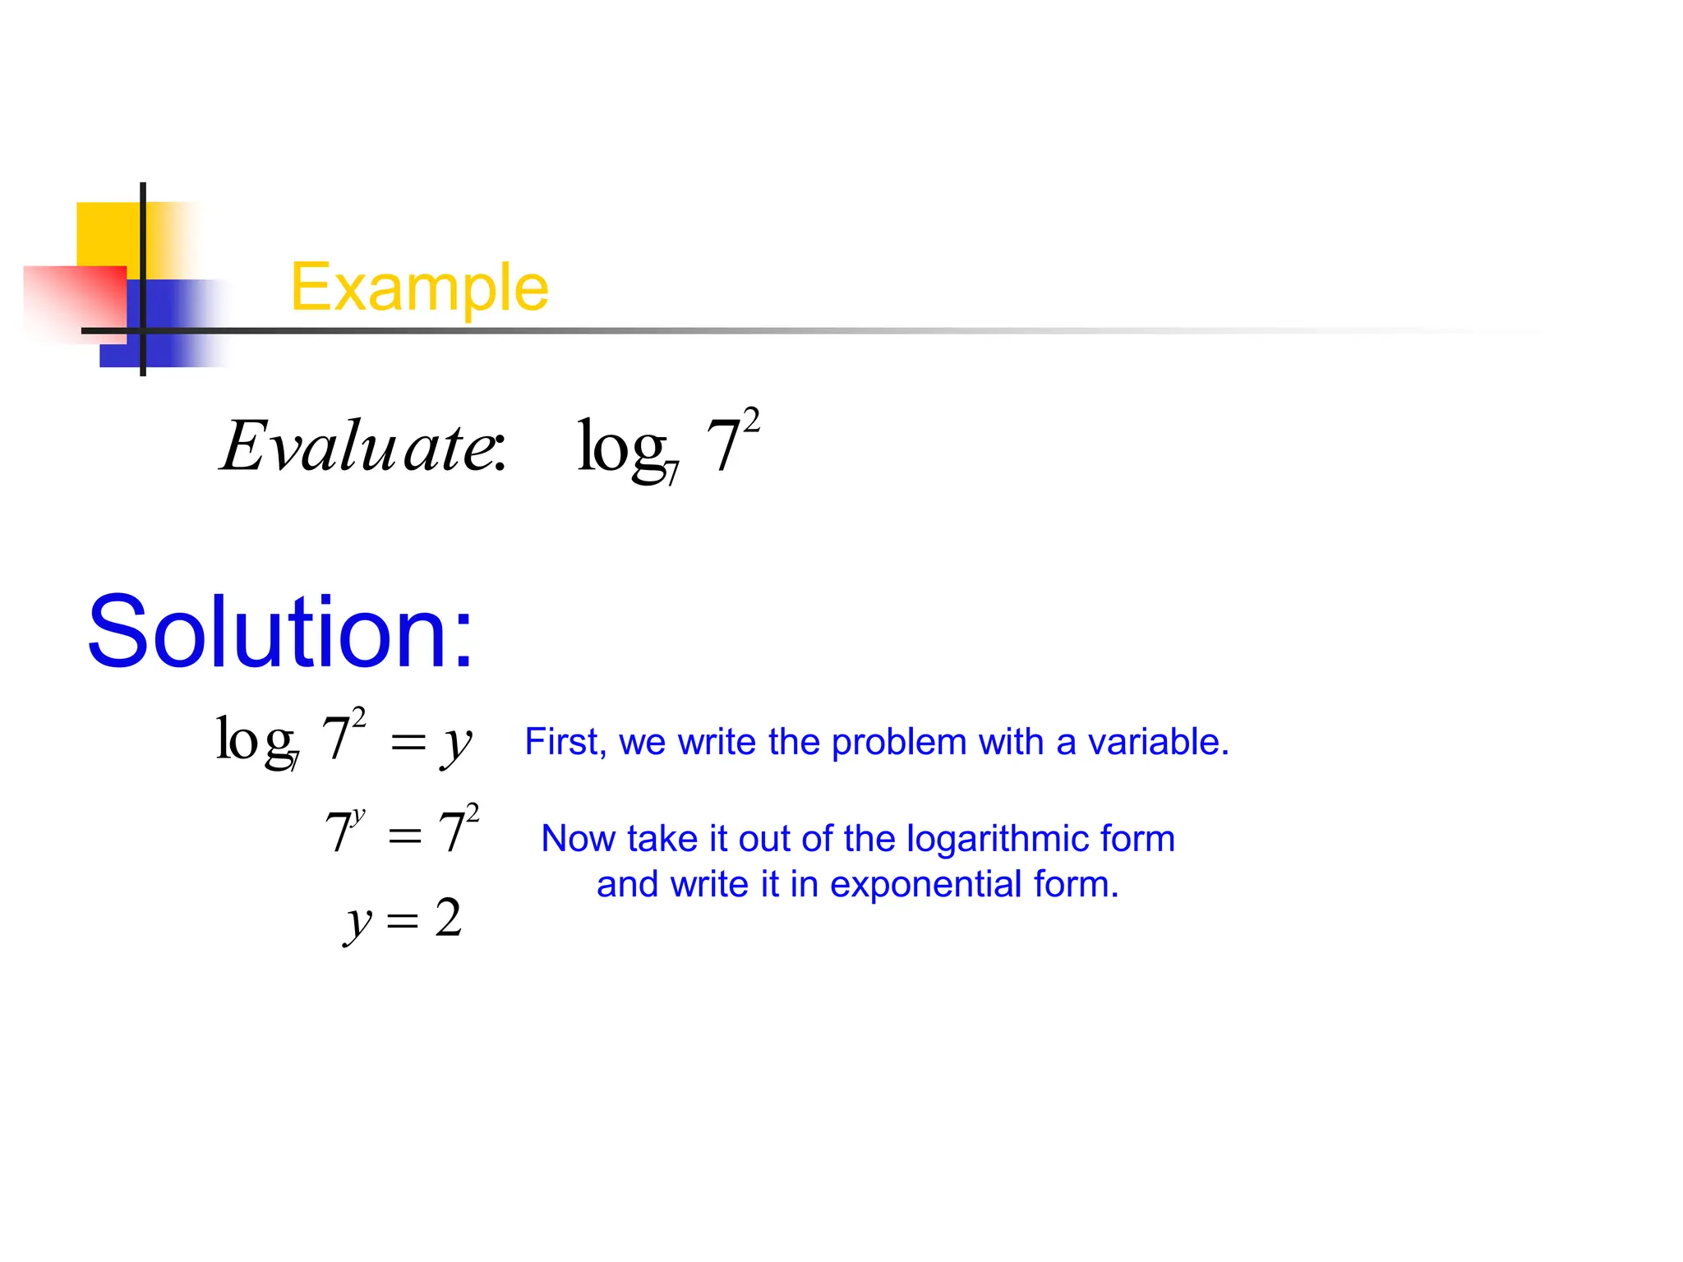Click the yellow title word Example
pos(419,288)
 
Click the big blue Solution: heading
pos(280,632)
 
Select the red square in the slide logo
pos(74,300)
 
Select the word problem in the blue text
pos(900,742)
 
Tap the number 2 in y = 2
pos(449,918)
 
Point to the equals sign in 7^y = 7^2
pos(404,836)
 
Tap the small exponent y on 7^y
pos(358,816)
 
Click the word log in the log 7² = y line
pos(255,739)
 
